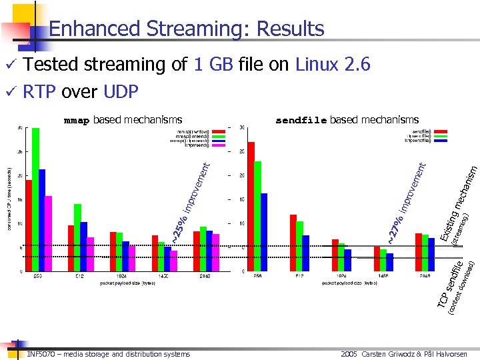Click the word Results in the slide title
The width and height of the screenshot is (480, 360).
point(290,29)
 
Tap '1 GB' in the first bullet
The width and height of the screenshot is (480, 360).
point(213,65)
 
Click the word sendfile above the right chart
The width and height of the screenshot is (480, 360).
point(301,121)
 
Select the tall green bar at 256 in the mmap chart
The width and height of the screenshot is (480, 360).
point(36,200)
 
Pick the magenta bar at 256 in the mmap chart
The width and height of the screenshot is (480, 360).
point(49,233)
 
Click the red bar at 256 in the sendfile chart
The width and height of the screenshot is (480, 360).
point(251,207)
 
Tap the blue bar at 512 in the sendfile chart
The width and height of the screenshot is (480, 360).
point(305,253)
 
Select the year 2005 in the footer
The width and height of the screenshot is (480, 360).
point(350,354)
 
